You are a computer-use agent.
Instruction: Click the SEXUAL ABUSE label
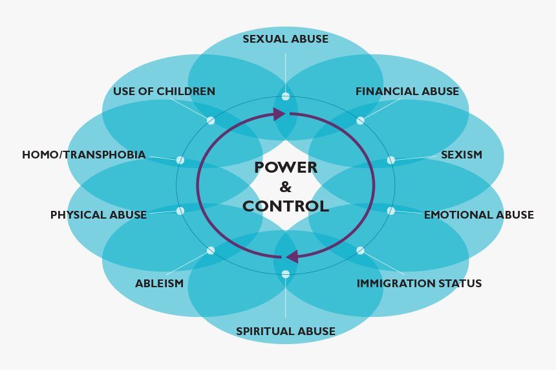point(286,39)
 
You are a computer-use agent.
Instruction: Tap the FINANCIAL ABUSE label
point(407,91)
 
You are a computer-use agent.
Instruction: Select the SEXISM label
point(462,155)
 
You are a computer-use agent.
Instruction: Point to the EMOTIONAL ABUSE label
point(478,215)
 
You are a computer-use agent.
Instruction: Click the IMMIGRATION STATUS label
point(419,283)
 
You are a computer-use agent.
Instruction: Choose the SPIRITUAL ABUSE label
point(286,331)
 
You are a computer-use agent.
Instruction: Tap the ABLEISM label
point(159,283)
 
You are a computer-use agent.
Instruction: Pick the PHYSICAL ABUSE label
point(98,215)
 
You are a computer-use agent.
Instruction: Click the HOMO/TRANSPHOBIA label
point(83,155)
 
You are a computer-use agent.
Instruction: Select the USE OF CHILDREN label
point(164,91)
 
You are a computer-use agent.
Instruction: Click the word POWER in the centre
point(286,168)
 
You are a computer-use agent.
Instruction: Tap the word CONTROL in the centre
point(286,206)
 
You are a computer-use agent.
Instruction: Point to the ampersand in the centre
point(286,187)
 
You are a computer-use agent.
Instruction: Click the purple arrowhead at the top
point(279,114)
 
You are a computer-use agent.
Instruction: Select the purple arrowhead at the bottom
point(292,257)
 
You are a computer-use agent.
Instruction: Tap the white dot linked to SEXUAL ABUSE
point(286,96)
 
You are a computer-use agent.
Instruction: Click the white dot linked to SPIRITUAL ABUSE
point(286,274)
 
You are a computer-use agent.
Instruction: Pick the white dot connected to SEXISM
point(390,160)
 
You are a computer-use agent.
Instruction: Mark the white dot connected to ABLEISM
point(211,250)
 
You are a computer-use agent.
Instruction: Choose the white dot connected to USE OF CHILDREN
point(211,120)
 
